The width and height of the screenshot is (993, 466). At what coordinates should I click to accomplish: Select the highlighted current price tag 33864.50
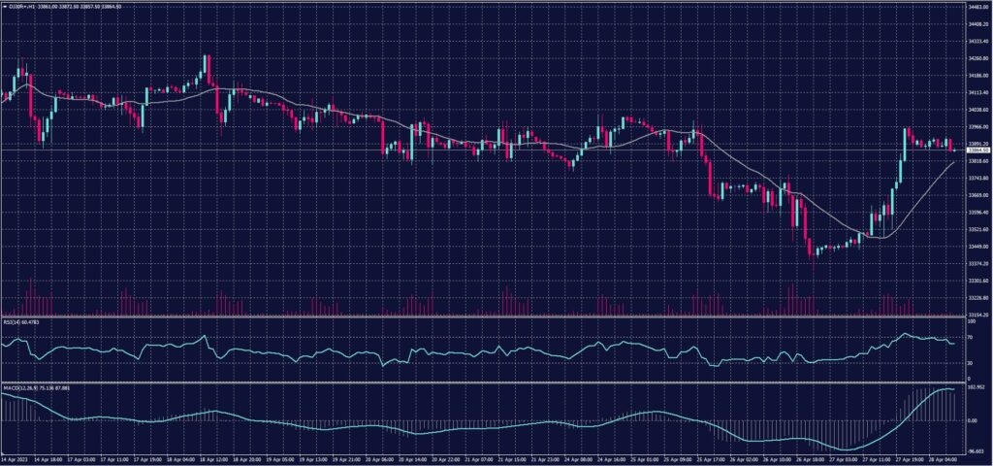(973, 150)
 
